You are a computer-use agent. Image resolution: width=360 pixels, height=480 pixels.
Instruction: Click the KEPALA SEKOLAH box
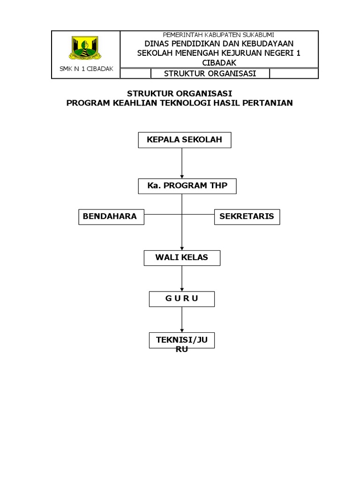point(184,140)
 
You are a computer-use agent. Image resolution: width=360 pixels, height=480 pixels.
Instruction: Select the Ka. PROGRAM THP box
point(187,186)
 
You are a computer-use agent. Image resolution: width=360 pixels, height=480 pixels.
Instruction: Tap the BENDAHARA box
point(111,217)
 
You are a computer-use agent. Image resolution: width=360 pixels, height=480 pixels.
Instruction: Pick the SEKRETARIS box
point(247,217)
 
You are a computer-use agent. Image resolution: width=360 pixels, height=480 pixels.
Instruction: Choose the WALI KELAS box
point(181,257)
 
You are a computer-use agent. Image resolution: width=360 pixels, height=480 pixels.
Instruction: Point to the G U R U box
point(181,299)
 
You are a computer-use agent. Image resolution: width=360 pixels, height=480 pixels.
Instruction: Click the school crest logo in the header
point(85,48)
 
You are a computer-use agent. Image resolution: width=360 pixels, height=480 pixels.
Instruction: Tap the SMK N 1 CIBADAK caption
point(86,69)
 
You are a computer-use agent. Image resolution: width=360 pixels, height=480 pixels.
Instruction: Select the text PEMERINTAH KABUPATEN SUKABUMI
point(218,35)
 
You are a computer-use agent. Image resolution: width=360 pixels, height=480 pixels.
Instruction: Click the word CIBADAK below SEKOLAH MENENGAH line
point(219,63)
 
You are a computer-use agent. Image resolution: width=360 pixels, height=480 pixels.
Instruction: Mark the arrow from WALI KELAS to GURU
point(182,278)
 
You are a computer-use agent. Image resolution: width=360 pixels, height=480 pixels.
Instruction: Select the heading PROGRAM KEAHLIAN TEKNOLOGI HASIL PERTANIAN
point(180,103)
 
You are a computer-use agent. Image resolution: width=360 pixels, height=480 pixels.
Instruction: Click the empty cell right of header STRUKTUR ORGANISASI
point(294,74)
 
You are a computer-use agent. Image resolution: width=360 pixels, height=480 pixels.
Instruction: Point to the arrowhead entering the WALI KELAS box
point(182,247)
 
